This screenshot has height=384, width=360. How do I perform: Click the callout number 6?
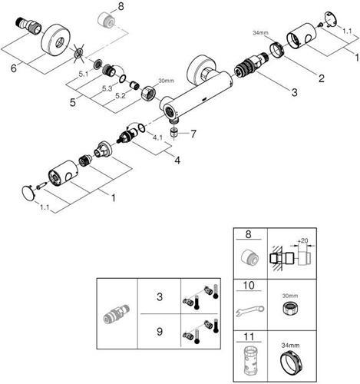point(14,68)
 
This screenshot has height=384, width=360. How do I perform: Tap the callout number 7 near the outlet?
point(193,134)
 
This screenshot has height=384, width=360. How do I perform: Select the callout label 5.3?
point(107,89)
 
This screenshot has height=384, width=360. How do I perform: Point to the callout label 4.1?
point(157,137)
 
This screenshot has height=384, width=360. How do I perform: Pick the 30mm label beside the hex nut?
point(166,81)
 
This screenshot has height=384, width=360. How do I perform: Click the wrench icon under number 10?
point(249,310)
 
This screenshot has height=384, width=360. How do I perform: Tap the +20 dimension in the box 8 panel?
point(303,241)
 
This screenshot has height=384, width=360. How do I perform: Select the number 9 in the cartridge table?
point(160,332)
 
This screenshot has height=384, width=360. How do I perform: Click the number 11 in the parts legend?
point(249,336)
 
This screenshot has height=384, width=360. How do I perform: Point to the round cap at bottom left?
point(28,193)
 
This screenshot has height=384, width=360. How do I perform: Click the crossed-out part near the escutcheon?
point(79,54)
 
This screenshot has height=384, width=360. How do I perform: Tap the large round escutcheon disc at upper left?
point(54,39)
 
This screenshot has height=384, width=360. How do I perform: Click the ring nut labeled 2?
point(277,49)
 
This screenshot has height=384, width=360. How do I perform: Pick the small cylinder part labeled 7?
point(174,132)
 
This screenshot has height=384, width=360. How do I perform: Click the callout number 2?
point(321,78)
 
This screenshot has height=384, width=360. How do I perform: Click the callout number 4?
point(177,161)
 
